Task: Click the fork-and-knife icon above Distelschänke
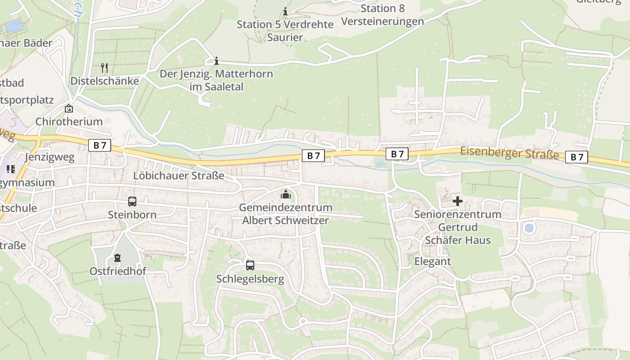tap(104, 68)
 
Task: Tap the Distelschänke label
tap(104, 81)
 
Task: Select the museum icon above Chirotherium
tap(69, 108)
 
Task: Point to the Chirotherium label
tap(69, 121)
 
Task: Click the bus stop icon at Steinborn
tap(132, 202)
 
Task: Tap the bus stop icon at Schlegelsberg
tap(250, 265)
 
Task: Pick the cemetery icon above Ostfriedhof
tap(117, 258)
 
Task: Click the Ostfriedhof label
tap(118, 271)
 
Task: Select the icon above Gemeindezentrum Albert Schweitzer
tap(285, 194)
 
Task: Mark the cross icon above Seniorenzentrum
tap(458, 201)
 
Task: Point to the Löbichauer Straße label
tap(179, 175)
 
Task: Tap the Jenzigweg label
tap(49, 157)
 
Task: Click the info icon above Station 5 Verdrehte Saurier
tap(285, 11)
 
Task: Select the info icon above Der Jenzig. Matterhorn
tap(216, 61)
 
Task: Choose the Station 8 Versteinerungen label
tap(382, 15)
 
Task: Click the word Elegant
tap(432, 261)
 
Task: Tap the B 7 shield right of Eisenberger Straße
tap(576, 157)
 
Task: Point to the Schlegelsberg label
tap(250, 279)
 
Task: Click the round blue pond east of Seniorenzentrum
tap(529, 228)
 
